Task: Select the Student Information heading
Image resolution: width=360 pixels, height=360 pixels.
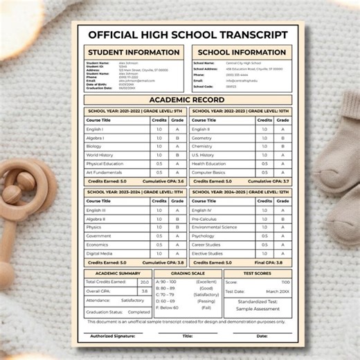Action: click(x=134, y=52)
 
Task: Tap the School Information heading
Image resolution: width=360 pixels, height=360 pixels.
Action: click(x=242, y=52)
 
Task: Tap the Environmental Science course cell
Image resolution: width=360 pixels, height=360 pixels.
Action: click(x=214, y=227)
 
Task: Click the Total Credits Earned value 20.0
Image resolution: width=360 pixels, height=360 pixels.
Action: click(x=144, y=282)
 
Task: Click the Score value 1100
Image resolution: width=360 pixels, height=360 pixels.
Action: click(x=285, y=282)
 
